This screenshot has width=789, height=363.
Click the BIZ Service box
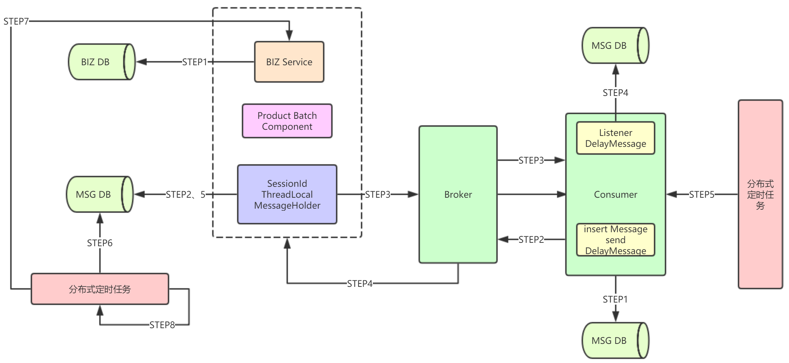(289, 62)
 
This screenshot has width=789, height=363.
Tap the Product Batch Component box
(287, 121)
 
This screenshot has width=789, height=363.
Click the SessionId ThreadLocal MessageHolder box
(287, 194)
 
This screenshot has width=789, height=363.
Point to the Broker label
(458, 195)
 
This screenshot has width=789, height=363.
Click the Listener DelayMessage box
(615, 138)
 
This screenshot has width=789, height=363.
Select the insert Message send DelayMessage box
(615, 240)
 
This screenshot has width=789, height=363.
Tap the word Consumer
(615, 195)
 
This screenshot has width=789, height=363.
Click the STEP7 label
(16, 22)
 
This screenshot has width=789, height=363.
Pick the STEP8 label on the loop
(162, 325)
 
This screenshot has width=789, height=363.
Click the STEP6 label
(100, 243)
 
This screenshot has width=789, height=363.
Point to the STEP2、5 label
(186, 195)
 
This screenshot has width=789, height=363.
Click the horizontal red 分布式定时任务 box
(100, 289)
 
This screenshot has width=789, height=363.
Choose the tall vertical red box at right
(760, 194)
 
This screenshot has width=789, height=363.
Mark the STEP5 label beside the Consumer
(701, 195)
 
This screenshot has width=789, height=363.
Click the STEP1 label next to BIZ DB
(194, 62)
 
